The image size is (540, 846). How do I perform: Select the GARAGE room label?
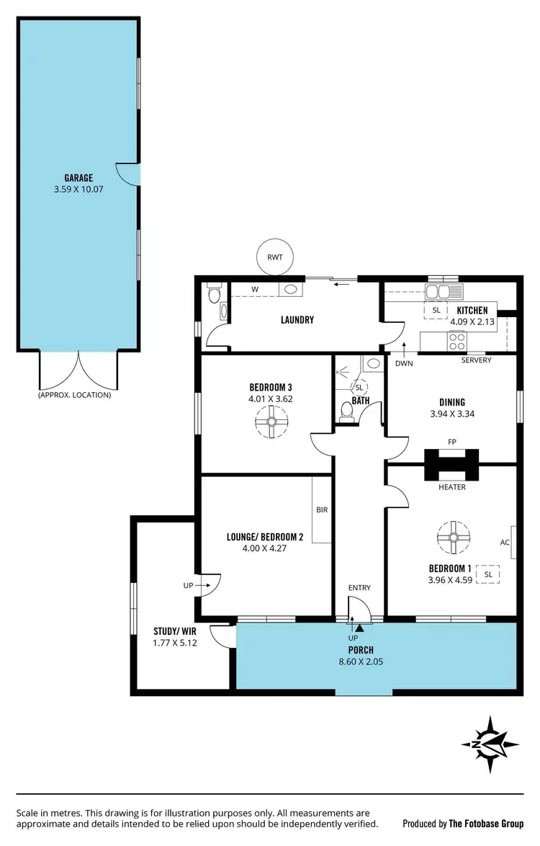(78, 178)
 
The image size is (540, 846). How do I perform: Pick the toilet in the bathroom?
(346, 411)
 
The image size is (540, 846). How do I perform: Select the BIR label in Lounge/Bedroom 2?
(322, 509)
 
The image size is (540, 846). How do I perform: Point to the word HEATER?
(451, 487)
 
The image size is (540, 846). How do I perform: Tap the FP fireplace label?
(451, 442)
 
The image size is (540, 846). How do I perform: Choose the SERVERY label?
(476, 360)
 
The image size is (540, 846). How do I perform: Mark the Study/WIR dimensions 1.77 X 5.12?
(175, 642)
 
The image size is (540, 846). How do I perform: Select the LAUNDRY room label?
(297, 320)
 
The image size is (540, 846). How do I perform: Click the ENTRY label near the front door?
(359, 588)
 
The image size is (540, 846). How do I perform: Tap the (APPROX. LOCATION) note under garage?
(75, 395)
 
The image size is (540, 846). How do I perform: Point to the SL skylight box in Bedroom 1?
(488, 574)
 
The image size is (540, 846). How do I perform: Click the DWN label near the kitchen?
(403, 364)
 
